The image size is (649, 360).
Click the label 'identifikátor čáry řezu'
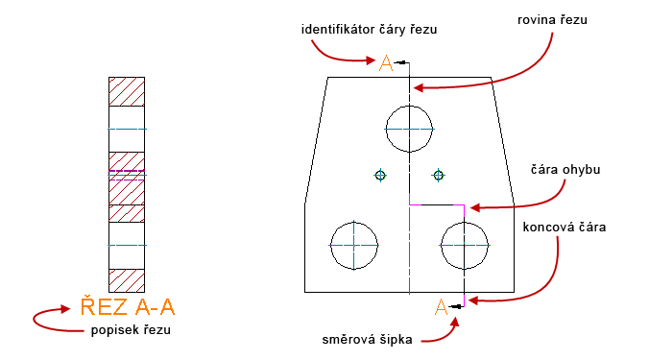(369, 30)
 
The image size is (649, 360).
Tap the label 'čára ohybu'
(566, 169)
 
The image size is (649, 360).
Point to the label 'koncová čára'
(564, 228)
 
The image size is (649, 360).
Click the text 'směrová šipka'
(368, 339)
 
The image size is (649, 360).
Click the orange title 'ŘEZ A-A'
(128, 307)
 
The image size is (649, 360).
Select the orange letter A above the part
(386, 63)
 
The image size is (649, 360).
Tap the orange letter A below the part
(441, 307)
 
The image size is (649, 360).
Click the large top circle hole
(409, 128)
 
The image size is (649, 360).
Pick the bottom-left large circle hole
(353, 246)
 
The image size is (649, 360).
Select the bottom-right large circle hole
(465, 246)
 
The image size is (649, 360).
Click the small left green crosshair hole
(381, 175)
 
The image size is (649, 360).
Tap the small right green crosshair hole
(439, 175)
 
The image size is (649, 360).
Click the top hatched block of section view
(127, 91)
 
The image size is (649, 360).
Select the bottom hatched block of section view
(127, 280)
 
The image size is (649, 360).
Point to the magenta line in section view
(127, 172)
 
